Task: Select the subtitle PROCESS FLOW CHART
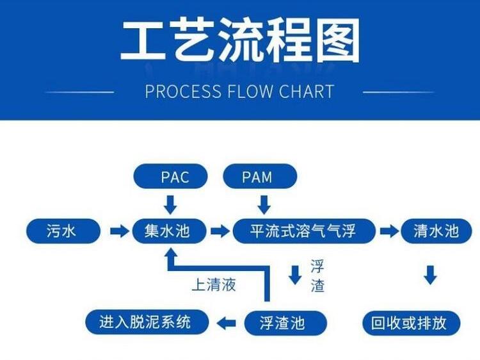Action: (239, 91)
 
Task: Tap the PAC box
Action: (170, 176)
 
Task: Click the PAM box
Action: (259, 176)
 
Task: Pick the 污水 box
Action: (63, 231)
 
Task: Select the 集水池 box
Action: (170, 231)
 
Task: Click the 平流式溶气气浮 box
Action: (303, 231)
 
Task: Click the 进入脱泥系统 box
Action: (146, 322)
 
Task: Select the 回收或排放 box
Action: (413, 322)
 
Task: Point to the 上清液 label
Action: (214, 284)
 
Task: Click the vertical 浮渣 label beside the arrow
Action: (317, 275)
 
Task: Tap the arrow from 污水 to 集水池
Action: (119, 231)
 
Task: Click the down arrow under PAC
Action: (170, 204)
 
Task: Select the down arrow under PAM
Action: (264, 204)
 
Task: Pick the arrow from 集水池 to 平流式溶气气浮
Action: (219, 231)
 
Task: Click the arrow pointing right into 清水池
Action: (389, 231)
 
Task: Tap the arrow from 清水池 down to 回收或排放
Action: (430, 275)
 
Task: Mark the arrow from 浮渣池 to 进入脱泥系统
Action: (227, 323)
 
